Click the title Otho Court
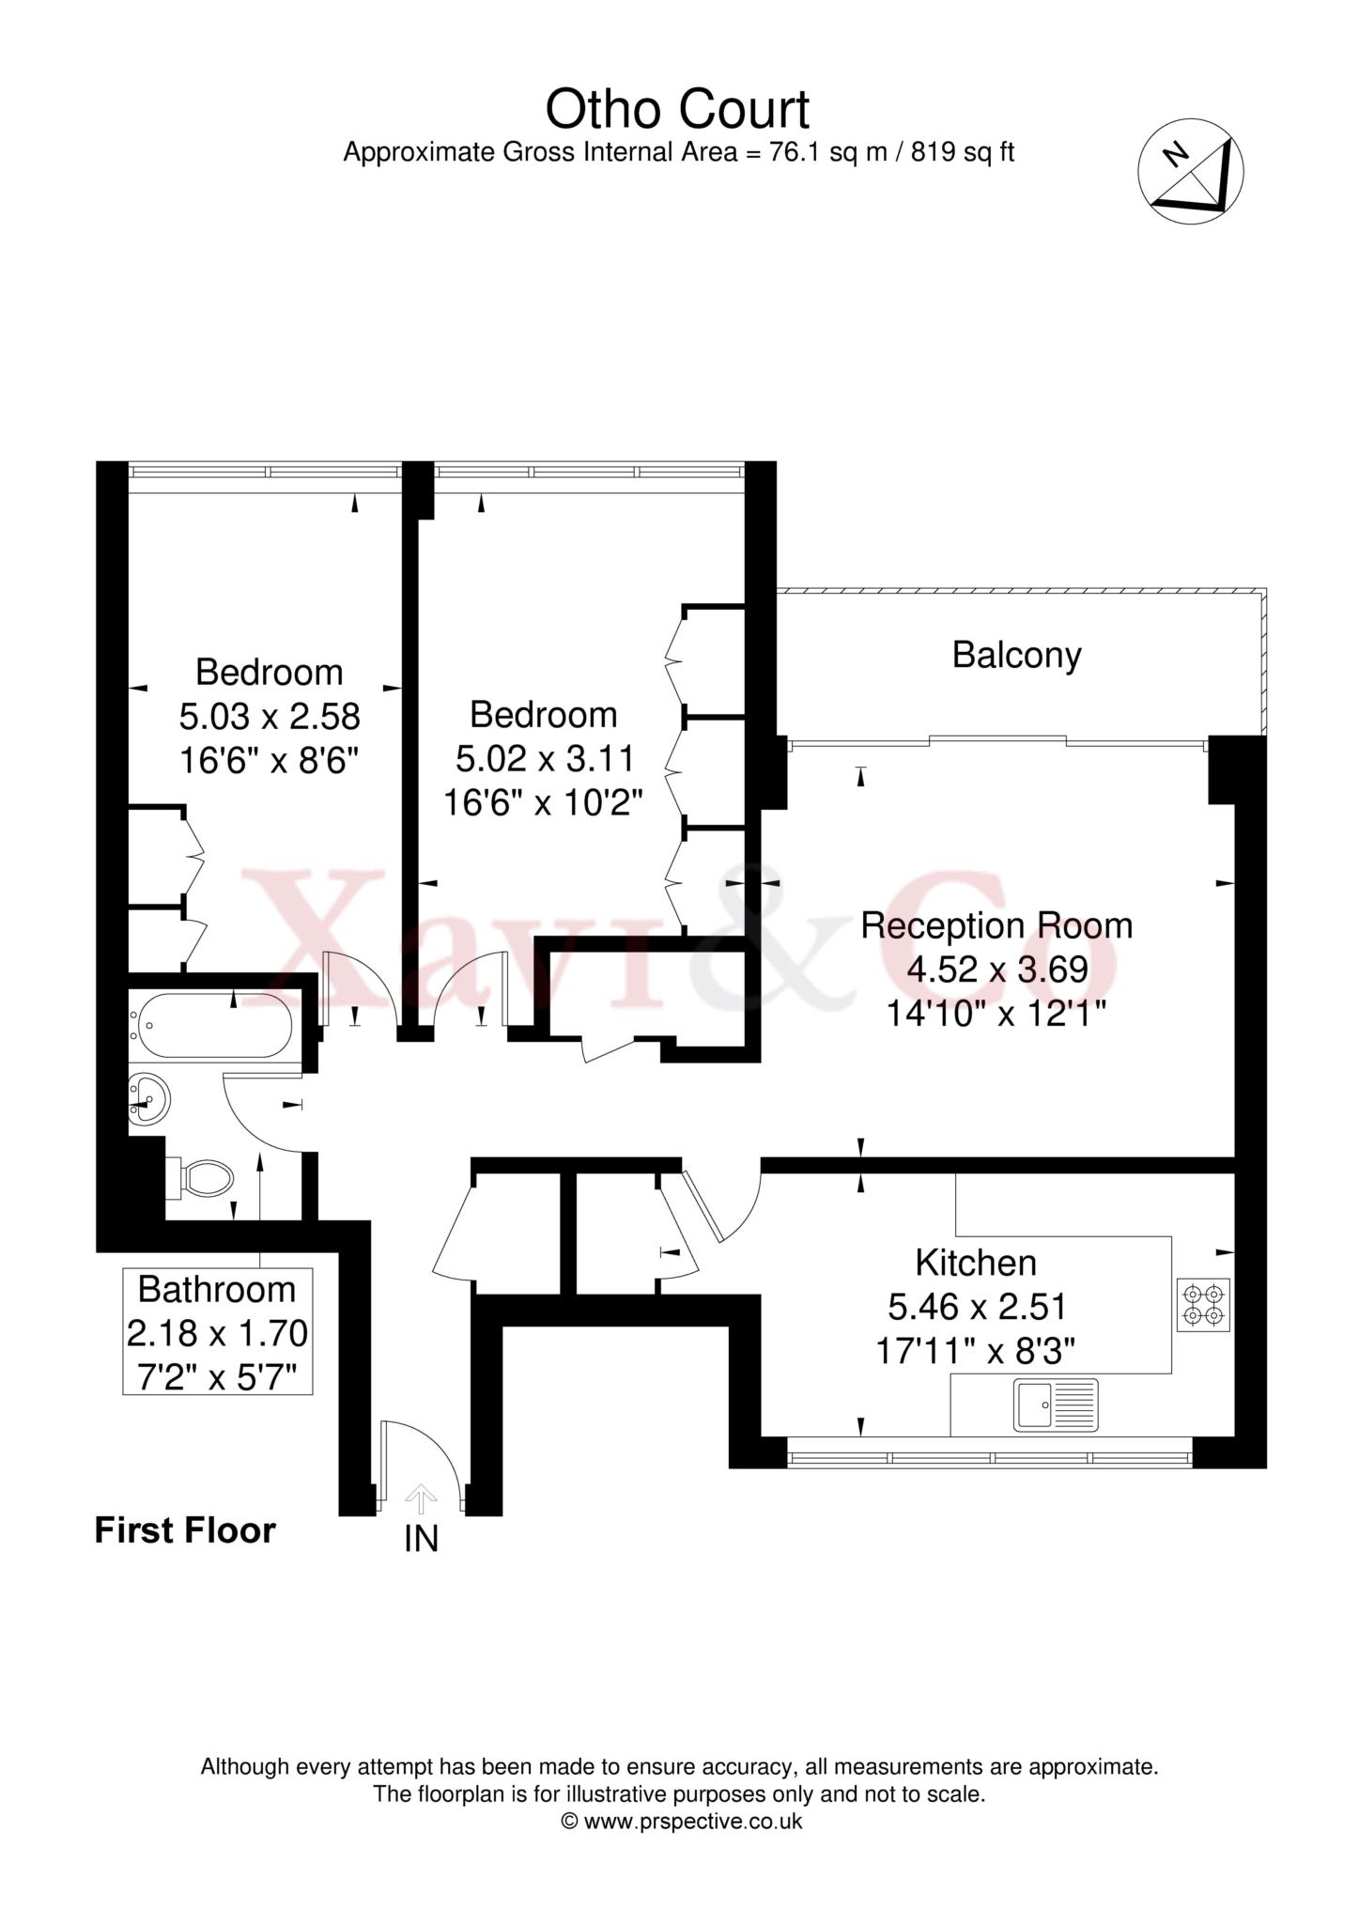pos(678,109)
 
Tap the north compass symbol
pos(1191,172)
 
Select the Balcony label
pos(1016,655)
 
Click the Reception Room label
pos(996,925)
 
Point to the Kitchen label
pos(976,1263)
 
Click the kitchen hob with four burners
pos(1203,1304)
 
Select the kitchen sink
pos(1056,1404)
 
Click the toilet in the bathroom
pos(199,1178)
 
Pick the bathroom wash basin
pos(148,1098)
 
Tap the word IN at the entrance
pos(422,1541)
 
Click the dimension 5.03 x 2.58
pos(270,717)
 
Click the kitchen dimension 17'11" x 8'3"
pos(976,1350)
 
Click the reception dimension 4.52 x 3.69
pos(996,969)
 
